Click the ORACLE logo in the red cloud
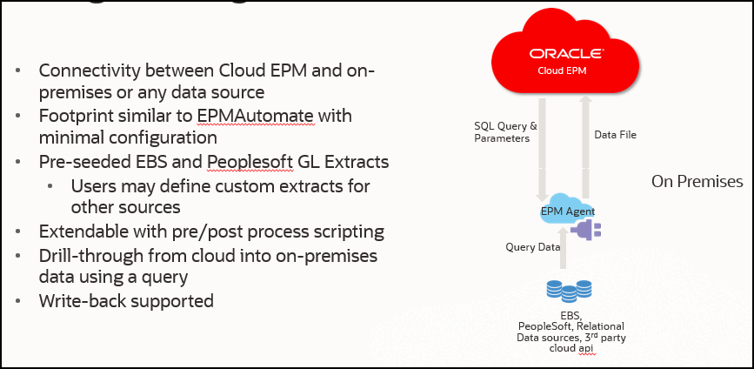tap(564, 52)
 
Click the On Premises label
tap(697, 182)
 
